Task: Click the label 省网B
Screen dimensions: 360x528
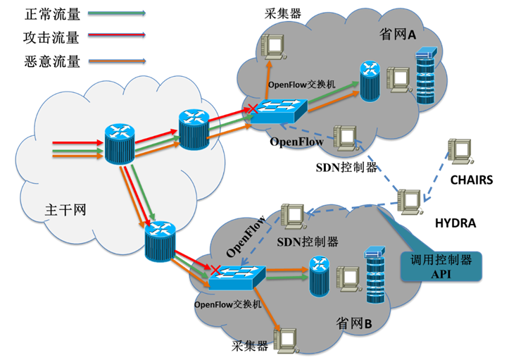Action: pyautogui.click(x=358, y=323)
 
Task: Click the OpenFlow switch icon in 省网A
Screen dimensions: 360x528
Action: pyautogui.click(x=279, y=111)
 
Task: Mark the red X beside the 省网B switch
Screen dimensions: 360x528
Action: pyautogui.click(x=214, y=270)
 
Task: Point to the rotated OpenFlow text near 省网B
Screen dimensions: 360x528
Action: pyautogui.click(x=244, y=238)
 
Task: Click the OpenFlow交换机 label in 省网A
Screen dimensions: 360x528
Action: pyautogui.click(x=301, y=84)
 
